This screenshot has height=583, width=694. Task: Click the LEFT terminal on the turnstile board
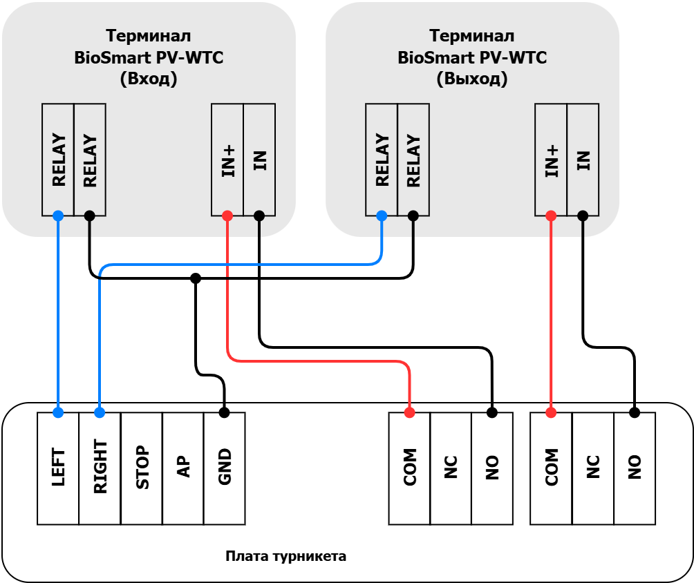[58, 468]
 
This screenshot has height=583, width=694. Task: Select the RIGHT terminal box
[100, 468]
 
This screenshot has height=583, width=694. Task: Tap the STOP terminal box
[142, 468]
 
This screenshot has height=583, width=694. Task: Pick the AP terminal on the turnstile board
[183, 468]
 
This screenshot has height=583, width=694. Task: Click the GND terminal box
[225, 468]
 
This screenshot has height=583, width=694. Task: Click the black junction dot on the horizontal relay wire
[196, 278]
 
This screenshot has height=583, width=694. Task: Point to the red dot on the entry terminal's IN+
[227, 216]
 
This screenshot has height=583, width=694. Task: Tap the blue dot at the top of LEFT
[58, 412]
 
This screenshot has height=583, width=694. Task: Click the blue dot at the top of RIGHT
[100, 412]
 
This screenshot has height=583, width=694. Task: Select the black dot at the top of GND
[225, 412]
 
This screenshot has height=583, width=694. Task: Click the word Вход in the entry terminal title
[149, 79]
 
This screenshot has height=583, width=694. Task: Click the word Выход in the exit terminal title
[472, 79]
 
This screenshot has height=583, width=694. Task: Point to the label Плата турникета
[286, 556]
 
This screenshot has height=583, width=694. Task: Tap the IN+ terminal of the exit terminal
[551, 160]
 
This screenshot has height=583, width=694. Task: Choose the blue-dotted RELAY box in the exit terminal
[382, 160]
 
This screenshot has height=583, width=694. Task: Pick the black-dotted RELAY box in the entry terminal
[90, 160]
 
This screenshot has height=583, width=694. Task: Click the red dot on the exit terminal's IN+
[551, 216]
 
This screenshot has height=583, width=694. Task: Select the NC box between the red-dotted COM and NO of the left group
[451, 468]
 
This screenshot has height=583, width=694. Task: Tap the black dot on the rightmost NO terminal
[635, 412]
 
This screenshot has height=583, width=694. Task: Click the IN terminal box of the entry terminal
[259, 160]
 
